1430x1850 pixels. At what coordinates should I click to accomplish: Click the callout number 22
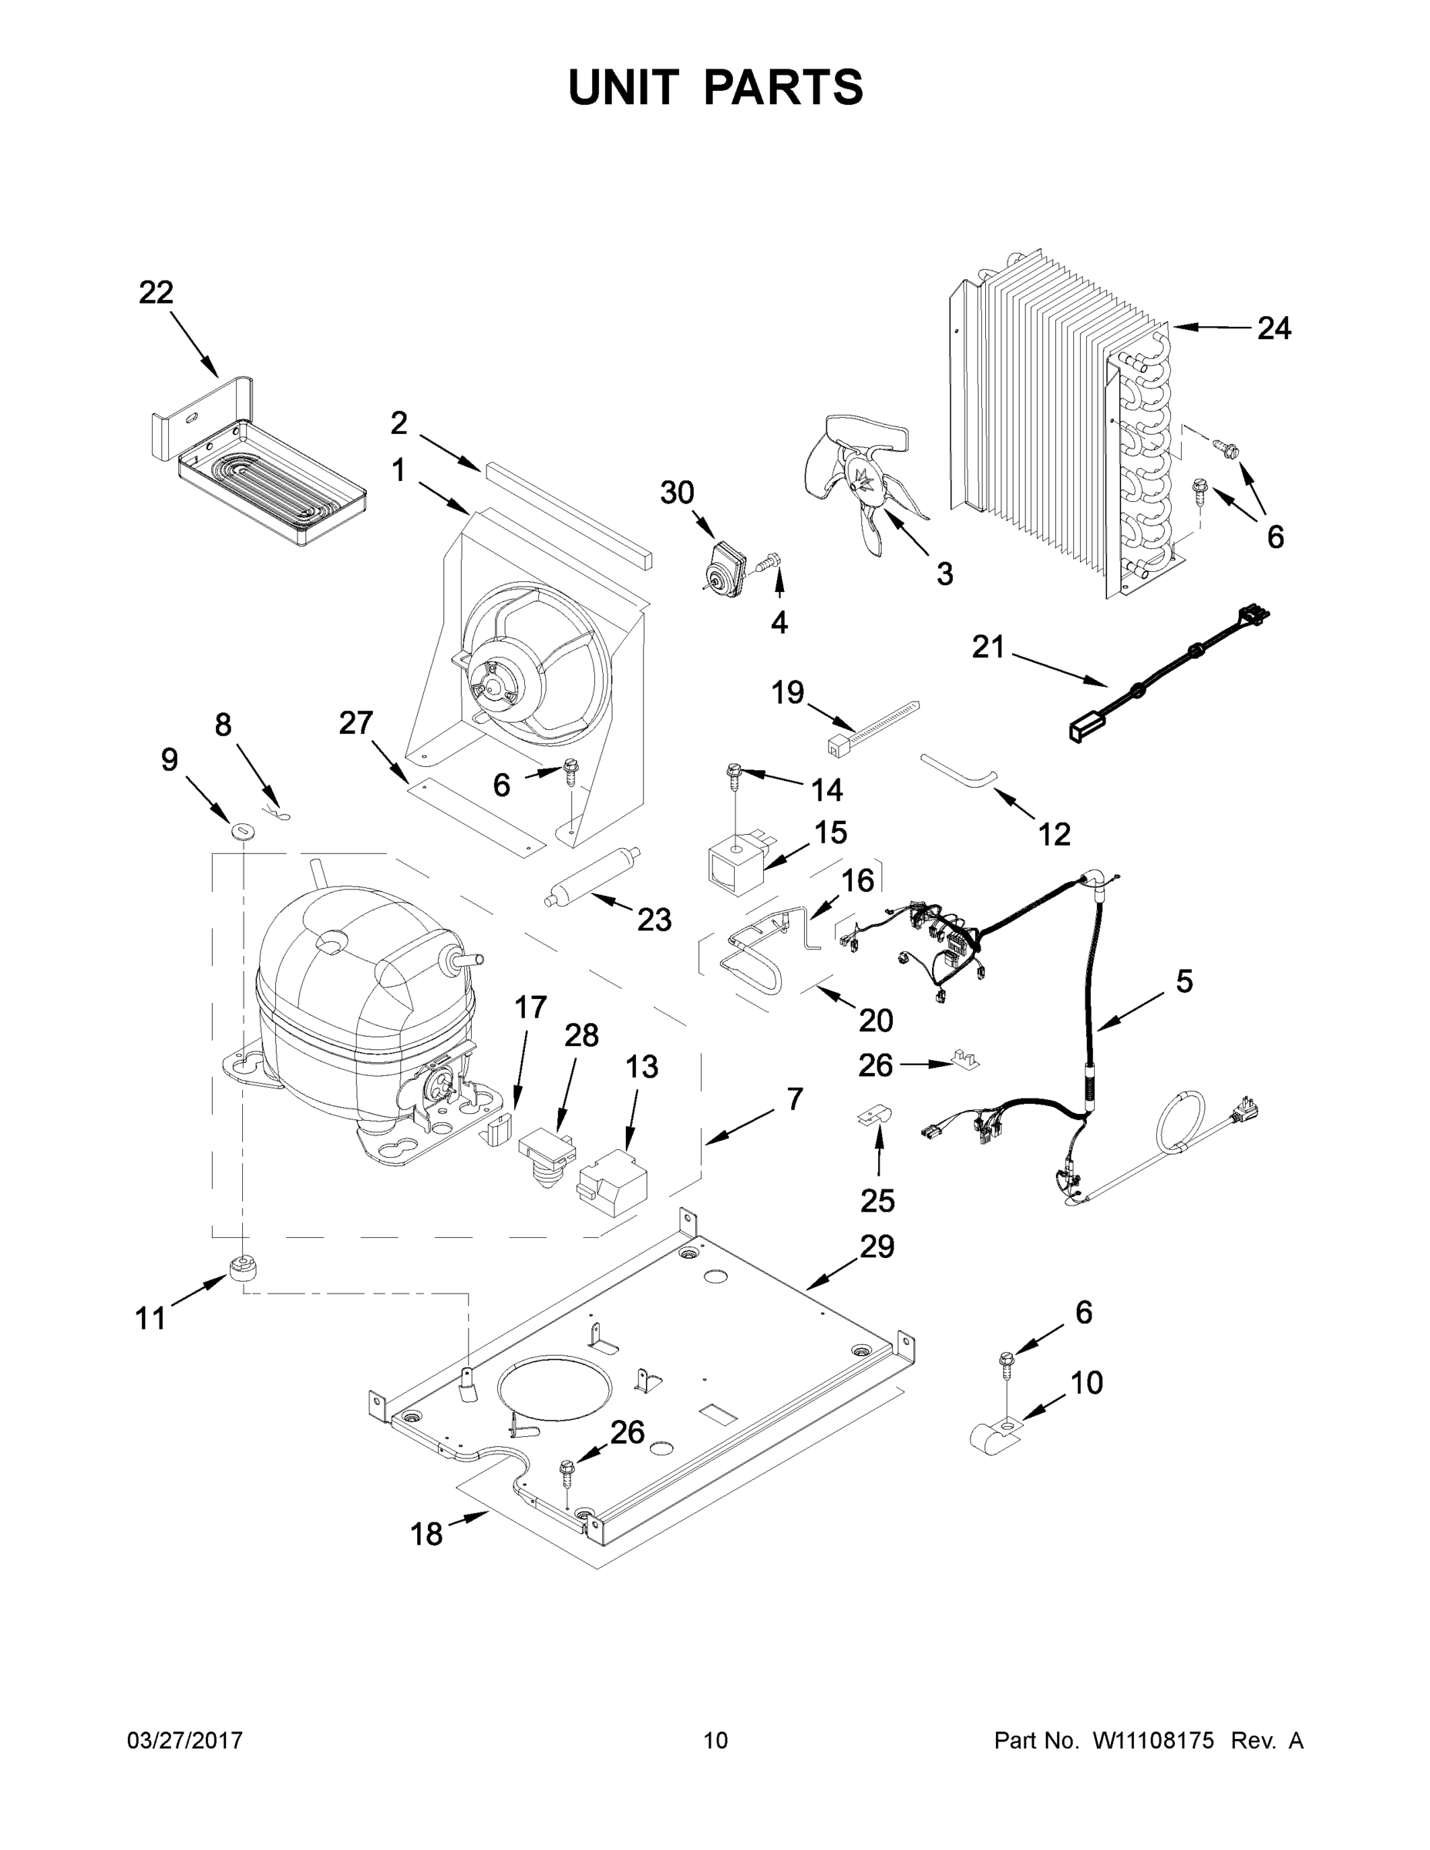pyautogui.click(x=156, y=292)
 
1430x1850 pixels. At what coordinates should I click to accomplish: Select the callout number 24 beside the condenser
pyautogui.click(x=1274, y=328)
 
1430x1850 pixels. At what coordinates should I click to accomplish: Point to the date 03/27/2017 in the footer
pyautogui.click(x=185, y=1741)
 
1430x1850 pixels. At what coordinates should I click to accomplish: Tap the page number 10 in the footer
pyautogui.click(x=716, y=1741)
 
